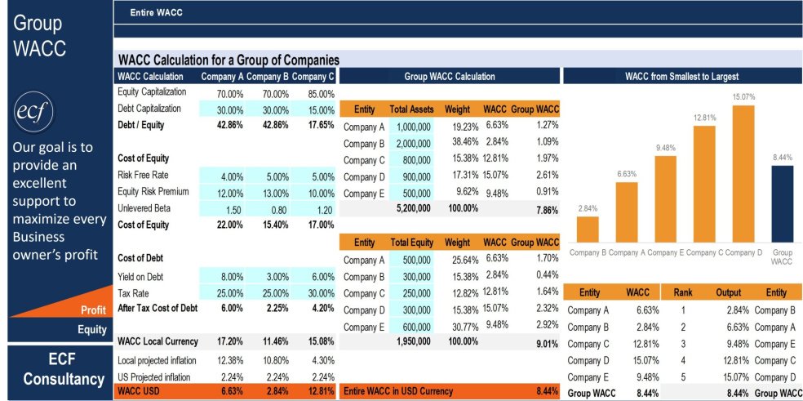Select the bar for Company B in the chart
pos(588,229)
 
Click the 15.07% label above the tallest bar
pos(743,96)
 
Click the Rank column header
pos(682,292)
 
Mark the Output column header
pos(729,292)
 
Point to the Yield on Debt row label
pos(144,276)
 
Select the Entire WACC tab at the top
pos(156,12)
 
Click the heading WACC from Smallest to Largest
pos(681,76)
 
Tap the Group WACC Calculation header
pos(449,76)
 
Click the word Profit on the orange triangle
pos(94,310)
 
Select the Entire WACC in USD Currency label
pos(398,391)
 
